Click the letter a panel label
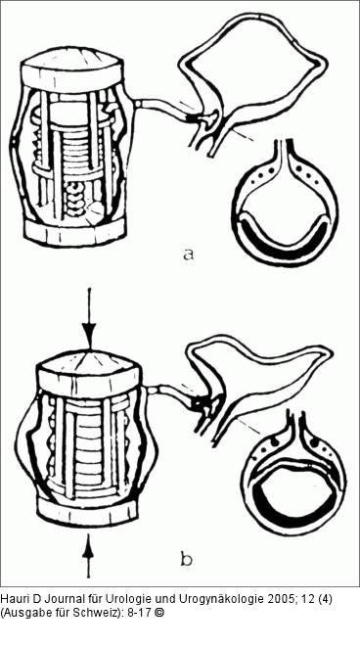point(188,254)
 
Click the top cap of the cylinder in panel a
point(72,73)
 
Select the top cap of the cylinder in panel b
point(88,375)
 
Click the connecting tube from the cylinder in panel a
point(161,108)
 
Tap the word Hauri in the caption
point(11,599)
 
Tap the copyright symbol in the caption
point(160,613)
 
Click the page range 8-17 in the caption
point(142,613)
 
